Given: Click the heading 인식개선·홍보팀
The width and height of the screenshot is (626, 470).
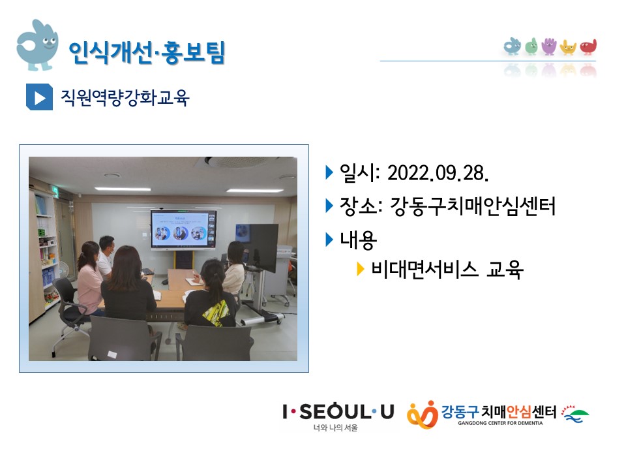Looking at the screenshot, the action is tap(147, 52).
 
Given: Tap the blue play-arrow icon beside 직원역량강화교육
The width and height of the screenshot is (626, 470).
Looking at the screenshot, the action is tap(39, 97).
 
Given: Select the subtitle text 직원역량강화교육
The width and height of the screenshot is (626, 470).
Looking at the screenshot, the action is tap(125, 97).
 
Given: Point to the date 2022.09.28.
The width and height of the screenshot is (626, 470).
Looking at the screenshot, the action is tap(438, 174).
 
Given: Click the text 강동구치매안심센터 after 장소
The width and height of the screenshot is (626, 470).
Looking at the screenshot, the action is tap(472, 206).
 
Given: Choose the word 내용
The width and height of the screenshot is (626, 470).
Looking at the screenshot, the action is tap(358, 240).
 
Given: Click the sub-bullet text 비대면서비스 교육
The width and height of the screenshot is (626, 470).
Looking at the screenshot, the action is tap(447, 270).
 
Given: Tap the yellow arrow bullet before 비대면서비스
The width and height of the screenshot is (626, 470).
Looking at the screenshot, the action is tap(360, 270).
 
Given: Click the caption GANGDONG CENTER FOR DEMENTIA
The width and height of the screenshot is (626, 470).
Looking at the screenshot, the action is tap(500, 423).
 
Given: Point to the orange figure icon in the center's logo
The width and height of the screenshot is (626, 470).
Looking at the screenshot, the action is tap(423, 415).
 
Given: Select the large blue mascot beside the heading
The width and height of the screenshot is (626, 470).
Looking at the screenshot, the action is tap(37, 45).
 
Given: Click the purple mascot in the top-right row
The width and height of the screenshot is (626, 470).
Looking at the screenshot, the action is tap(549, 46).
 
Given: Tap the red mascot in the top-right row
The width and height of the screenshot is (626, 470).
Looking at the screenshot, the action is tap(588, 47).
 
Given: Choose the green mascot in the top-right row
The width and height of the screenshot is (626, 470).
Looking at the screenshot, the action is tap(531, 46).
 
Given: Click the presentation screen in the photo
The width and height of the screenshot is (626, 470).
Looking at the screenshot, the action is tap(183, 229).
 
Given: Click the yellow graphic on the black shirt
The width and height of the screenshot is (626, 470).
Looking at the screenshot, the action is tap(216, 312).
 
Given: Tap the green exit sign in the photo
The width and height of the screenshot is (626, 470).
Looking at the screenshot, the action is tap(56, 192).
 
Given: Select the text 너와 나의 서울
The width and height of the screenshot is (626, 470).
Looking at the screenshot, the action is tap(335, 428).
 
